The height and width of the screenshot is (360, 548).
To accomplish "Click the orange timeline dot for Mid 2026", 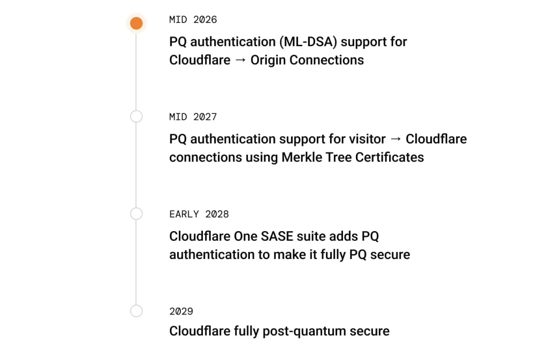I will tap(136, 24).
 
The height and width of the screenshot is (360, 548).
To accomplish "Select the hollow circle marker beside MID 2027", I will tap(136, 117).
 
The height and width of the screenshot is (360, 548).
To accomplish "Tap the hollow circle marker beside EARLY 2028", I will tap(136, 214).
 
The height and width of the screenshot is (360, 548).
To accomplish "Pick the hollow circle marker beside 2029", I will tap(136, 311).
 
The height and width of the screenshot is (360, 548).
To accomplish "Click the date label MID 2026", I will tap(193, 20).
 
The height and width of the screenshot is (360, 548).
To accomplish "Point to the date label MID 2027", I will tap(193, 117).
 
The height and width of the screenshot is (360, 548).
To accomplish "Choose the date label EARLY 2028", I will tap(199, 215).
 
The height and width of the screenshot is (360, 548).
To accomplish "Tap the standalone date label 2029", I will tap(181, 311).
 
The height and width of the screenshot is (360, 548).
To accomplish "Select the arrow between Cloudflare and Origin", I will tap(240, 60).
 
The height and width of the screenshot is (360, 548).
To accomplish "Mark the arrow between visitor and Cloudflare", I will tap(395, 139).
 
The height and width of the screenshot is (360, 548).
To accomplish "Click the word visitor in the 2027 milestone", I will tap(366, 139).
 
